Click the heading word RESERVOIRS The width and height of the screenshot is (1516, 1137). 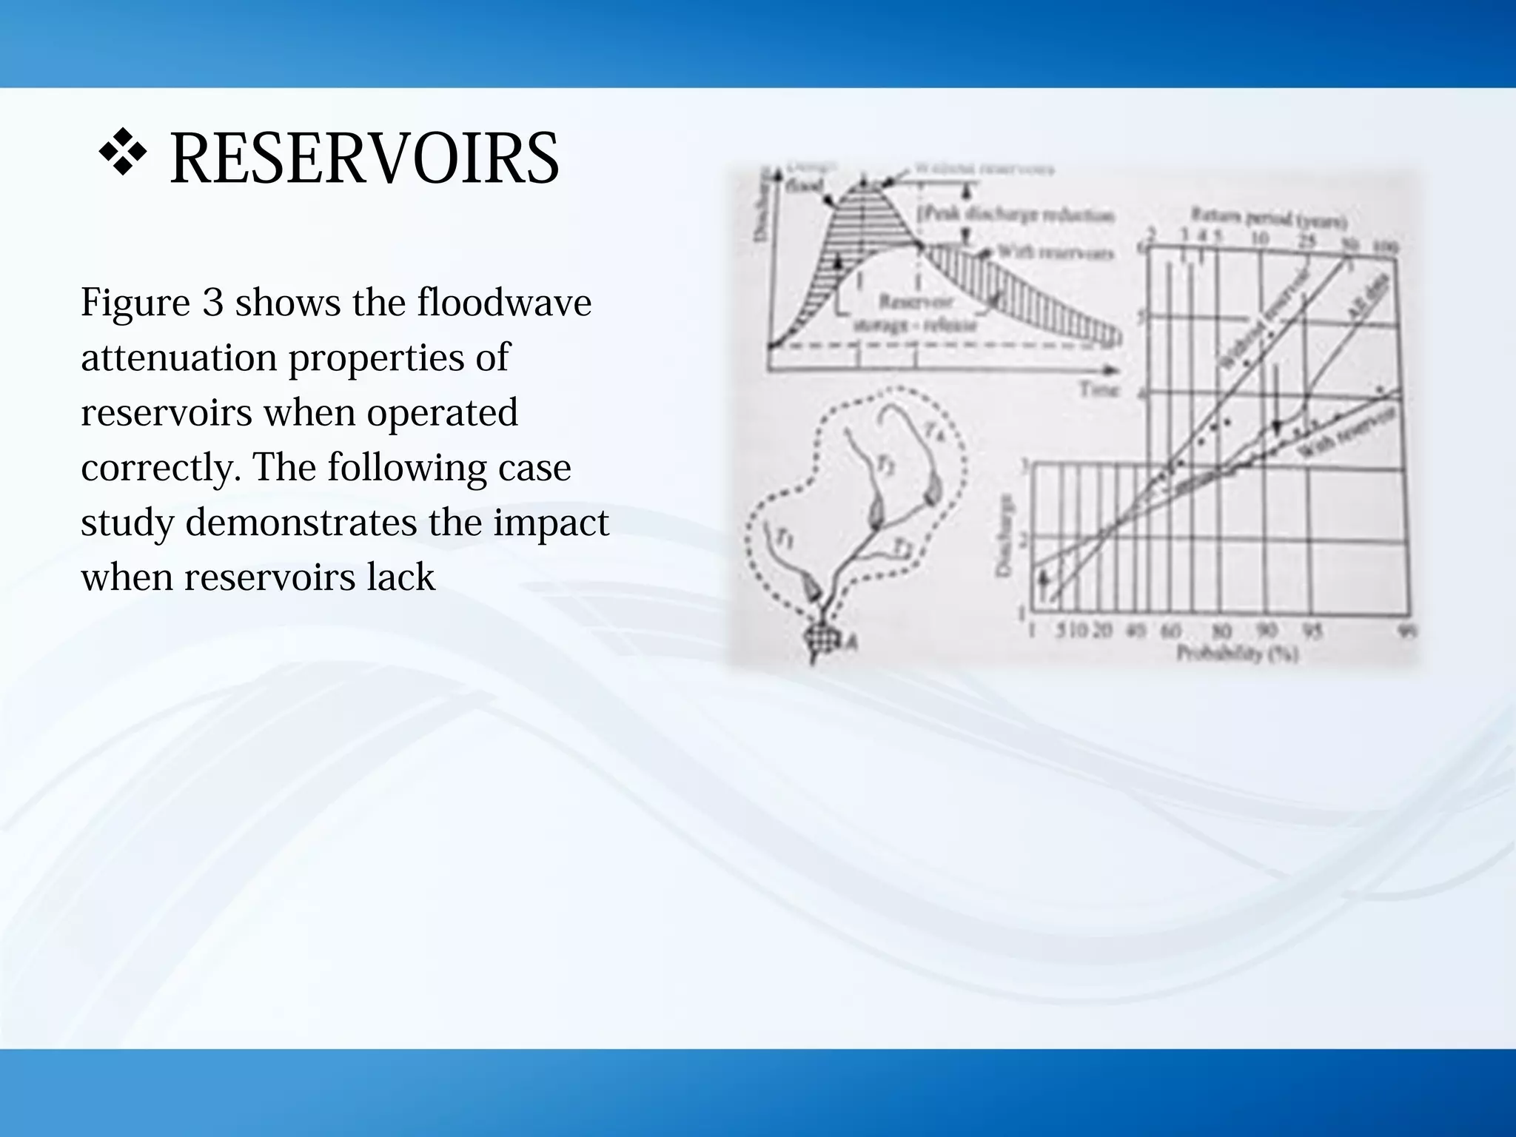(x=364, y=158)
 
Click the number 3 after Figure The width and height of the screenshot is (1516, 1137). (x=212, y=303)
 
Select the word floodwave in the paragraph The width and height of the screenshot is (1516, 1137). (x=503, y=303)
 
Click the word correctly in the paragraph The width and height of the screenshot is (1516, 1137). (x=161, y=468)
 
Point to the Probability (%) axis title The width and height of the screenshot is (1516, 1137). (x=1237, y=654)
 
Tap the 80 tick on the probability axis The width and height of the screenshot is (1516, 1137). (x=1221, y=631)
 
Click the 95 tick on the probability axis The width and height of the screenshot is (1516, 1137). (x=1311, y=631)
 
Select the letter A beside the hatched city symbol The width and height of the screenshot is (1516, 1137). (x=851, y=642)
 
